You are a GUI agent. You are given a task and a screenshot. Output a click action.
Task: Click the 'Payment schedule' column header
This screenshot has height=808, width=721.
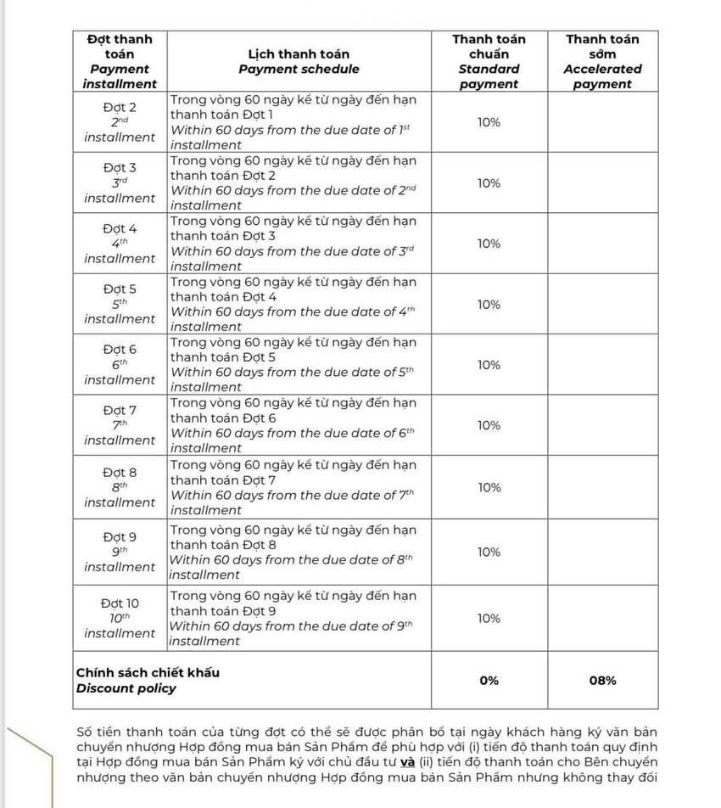[x=299, y=61]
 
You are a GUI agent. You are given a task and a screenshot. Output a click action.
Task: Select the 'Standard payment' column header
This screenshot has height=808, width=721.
[x=489, y=61]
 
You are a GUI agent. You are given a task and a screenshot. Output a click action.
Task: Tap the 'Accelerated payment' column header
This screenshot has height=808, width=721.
[x=603, y=61]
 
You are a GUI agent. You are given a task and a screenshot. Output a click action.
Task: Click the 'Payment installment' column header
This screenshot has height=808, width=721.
[x=120, y=61]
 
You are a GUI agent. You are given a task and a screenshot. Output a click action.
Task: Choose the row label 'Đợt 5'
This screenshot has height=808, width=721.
[x=120, y=289]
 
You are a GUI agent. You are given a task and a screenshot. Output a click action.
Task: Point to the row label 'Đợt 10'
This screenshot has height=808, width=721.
[x=120, y=603]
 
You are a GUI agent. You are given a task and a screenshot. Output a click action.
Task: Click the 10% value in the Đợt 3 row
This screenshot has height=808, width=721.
[x=489, y=183]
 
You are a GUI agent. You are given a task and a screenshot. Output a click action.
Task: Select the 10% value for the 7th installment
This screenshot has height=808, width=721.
[x=489, y=425]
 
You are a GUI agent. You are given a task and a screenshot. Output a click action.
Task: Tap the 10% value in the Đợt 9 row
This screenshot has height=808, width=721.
[x=489, y=553]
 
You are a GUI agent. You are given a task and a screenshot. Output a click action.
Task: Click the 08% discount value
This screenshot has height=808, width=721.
[x=603, y=681]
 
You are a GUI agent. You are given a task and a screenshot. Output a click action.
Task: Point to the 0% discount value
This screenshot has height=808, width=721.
[x=489, y=681]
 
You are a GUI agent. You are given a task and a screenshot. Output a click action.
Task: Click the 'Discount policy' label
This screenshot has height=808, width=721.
[x=126, y=688]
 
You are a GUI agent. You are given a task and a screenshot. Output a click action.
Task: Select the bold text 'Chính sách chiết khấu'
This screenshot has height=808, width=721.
[x=148, y=672]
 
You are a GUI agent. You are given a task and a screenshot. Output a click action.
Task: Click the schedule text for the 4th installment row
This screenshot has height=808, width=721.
[x=293, y=244]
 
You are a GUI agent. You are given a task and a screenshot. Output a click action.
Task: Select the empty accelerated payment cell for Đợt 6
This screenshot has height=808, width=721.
[x=603, y=365]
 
